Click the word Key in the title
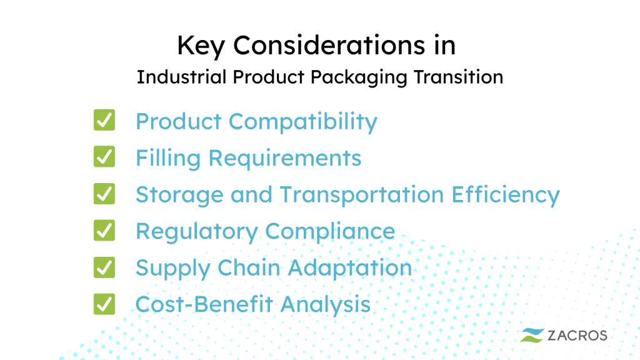point(201,46)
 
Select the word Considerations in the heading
point(329,45)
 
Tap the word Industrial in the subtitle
point(181,77)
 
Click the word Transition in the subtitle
point(458,77)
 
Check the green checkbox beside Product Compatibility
point(104,120)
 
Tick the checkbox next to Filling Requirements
point(104,157)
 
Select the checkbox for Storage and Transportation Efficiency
point(104,194)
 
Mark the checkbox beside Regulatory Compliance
point(104,230)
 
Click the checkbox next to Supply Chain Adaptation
point(104,267)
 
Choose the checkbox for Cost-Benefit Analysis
point(104,304)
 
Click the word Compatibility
point(303,122)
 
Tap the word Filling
point(168,158)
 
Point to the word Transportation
point(362,195)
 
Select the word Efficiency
point(506,195)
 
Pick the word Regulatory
point(197,232)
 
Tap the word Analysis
point(325,305)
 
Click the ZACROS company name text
point(577,336)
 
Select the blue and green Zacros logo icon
point(532,336)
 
